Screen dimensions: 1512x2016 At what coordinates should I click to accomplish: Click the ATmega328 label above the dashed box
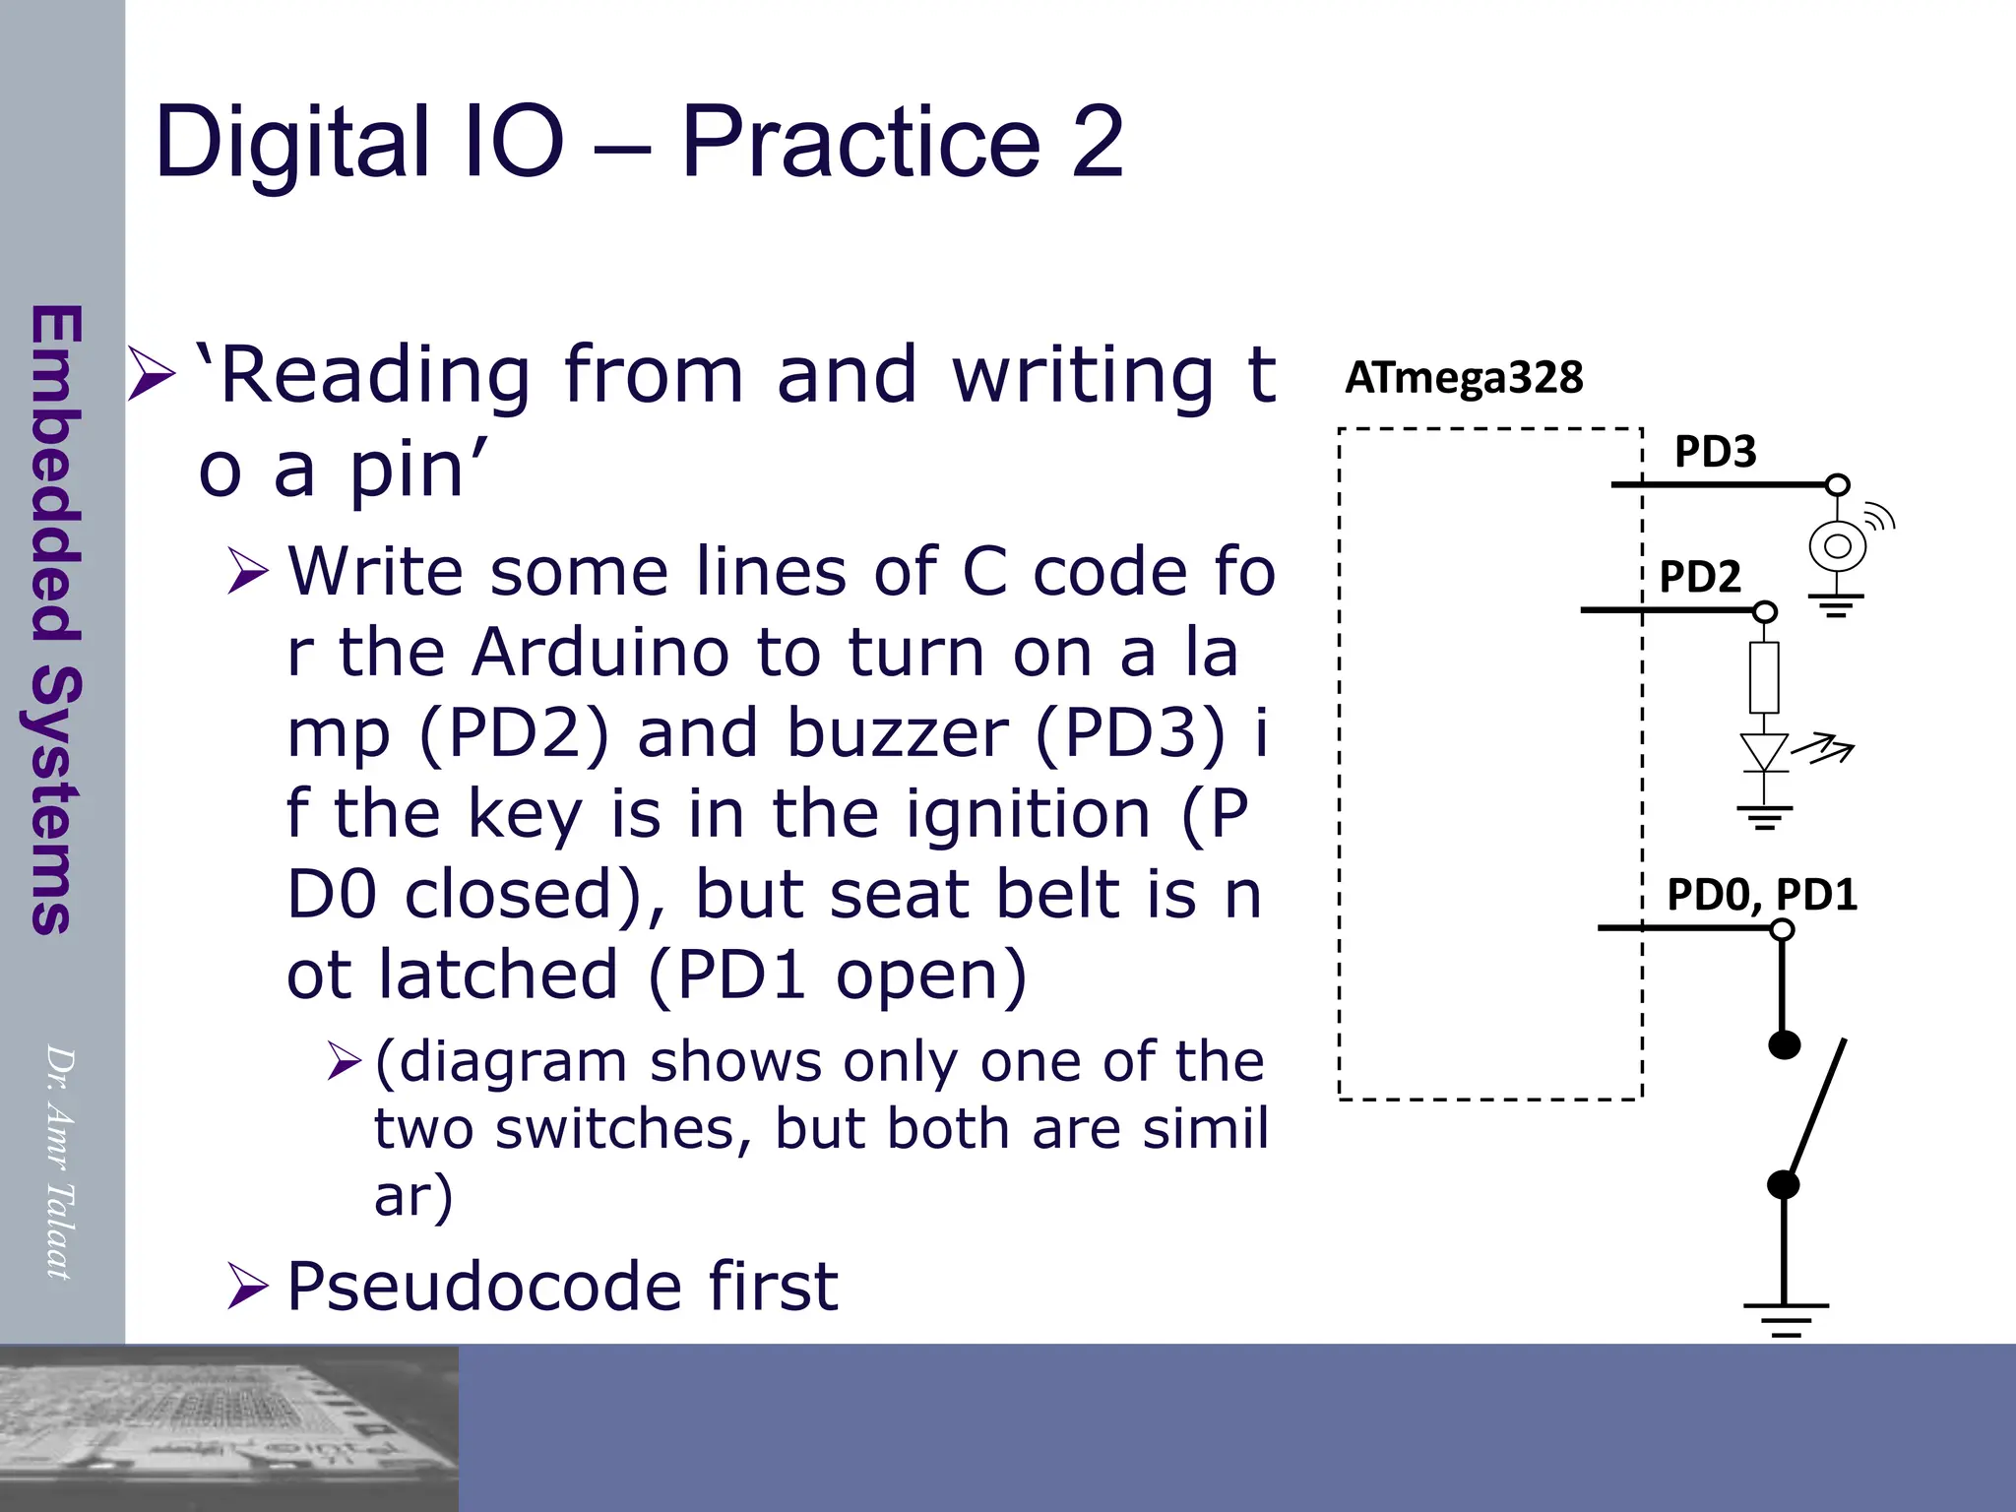(x=1464, y=378)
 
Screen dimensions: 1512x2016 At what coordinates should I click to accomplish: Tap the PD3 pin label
(x=1715, y=452)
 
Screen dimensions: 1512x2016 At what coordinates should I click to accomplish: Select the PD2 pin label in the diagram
(x=1700, y=577)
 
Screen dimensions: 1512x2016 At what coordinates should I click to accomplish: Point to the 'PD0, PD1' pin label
(x=1761, y=895)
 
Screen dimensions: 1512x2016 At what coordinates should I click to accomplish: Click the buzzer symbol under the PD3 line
(x=1838, y=545)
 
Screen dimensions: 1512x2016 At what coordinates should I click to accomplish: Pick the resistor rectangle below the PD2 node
(x=1764, y=677)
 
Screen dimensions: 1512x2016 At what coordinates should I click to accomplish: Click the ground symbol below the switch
(x=1785, y=1317)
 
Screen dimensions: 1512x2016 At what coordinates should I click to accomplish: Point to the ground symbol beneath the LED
(x=1764, y=816)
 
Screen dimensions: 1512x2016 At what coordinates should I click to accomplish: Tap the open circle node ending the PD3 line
(x=1838, y=484)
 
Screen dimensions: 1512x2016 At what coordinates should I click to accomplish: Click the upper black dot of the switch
(x=1784, y=1043)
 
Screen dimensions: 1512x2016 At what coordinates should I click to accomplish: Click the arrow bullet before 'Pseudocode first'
(x=247, y=1286)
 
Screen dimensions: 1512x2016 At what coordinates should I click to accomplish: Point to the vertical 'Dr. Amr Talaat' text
(x=60, y=1162)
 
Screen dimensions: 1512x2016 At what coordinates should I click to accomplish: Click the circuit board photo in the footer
(x=228, y=1427)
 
